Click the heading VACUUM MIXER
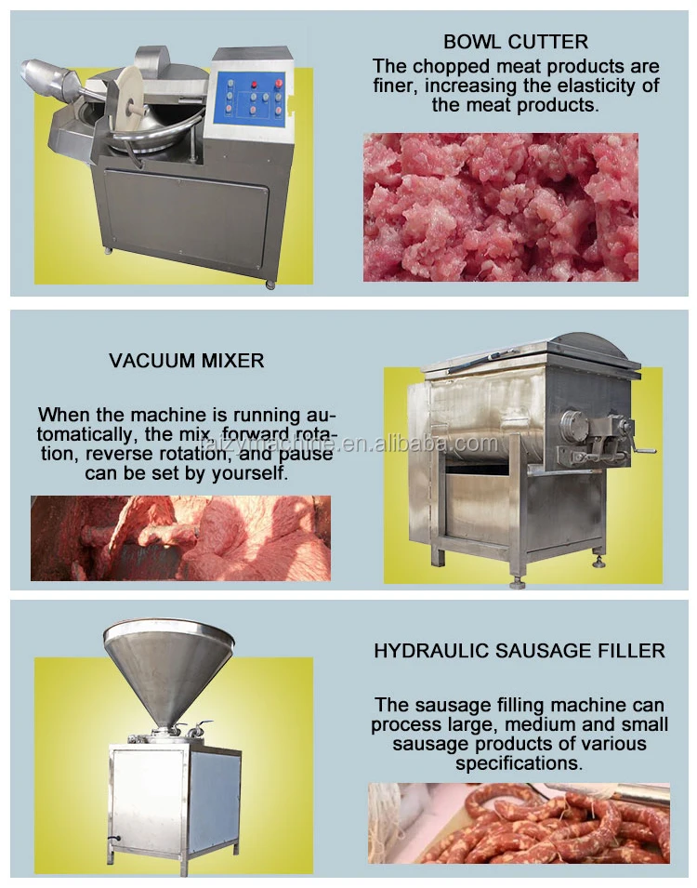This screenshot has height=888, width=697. (186, 360)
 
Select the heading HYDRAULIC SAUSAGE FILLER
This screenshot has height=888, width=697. (519, 651)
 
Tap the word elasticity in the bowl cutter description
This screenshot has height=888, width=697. (604, 86)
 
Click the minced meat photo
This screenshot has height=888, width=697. (500, 206)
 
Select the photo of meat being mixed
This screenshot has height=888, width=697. (179, 538)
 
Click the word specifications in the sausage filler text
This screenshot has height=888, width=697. (519, 763)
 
